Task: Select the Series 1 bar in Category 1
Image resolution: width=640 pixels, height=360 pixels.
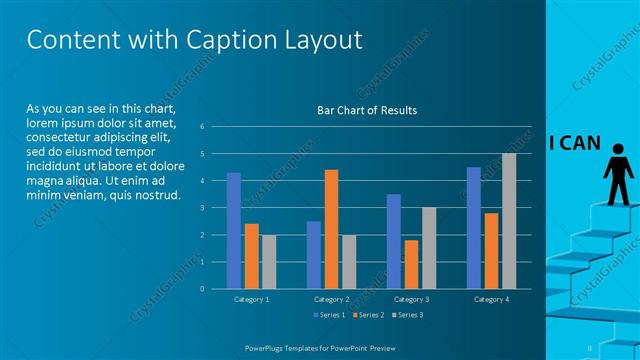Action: pos(233,230)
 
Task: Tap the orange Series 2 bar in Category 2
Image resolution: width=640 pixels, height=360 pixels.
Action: pos(331,229)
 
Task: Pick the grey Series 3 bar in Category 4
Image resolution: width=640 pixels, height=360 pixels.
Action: pos(509,221)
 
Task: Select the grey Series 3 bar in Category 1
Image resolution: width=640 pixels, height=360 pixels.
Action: pos(269,262)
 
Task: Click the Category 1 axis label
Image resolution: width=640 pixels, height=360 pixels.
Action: pos(251,299)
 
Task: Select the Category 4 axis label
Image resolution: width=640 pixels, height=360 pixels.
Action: pos(491,299)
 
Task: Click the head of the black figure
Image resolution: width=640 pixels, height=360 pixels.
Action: pos(616,151)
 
